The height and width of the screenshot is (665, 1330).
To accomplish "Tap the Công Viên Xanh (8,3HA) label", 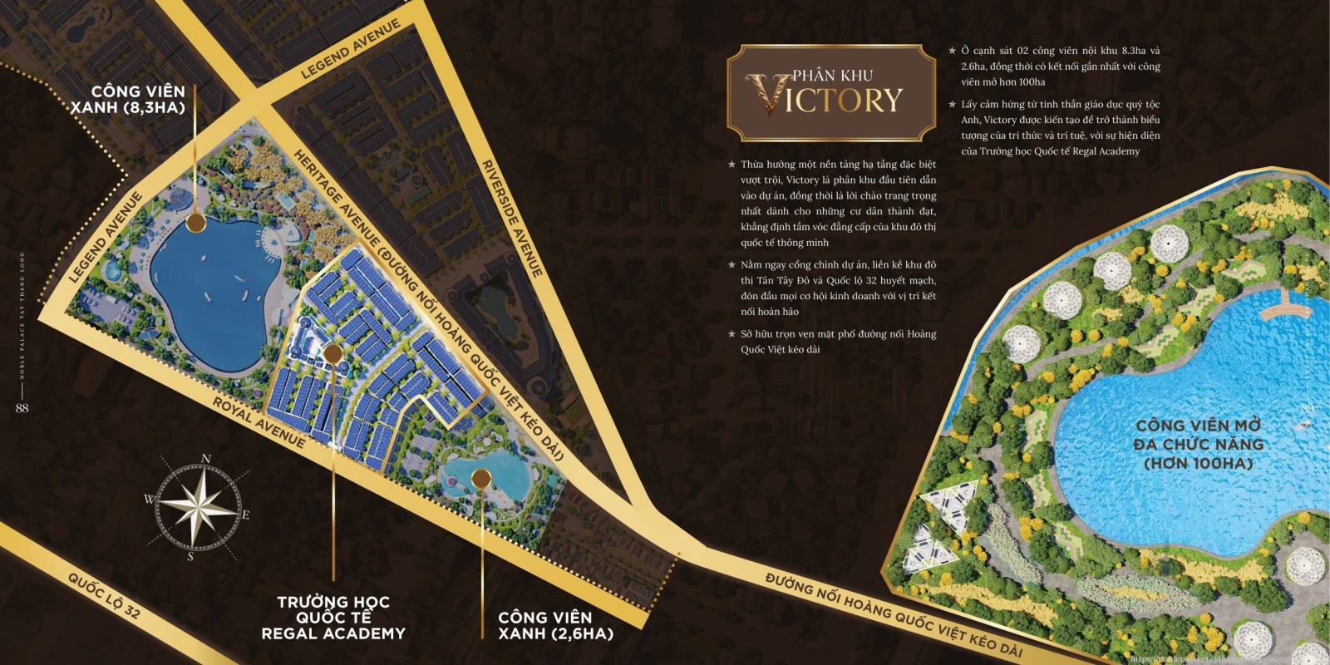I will point(129,100).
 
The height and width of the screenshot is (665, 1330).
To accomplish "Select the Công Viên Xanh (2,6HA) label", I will point(555,625).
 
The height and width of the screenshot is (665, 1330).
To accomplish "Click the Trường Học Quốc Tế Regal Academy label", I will point(333,618).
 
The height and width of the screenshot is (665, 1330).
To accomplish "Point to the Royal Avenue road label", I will point(259,421).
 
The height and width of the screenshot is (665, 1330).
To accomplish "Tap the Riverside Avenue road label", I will point(512,219).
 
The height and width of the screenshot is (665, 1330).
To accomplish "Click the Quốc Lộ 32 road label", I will point(104,596).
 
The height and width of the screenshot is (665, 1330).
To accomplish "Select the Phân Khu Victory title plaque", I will point(831,93).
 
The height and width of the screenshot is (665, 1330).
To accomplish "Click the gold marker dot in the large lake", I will point(195,222).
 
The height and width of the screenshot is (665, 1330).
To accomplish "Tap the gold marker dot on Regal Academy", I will point(332,354).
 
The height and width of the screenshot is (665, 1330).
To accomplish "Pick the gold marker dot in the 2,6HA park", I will point(481,478).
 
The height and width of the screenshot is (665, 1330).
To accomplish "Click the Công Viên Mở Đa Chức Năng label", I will point(1198,445).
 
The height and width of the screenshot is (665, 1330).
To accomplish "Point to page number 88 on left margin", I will point(22,408).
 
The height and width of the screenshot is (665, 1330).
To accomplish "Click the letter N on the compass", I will point(206,458).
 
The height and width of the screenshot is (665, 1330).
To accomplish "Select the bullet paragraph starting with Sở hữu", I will point(838,342).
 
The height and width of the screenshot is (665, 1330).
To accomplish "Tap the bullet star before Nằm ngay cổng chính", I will point(731,265).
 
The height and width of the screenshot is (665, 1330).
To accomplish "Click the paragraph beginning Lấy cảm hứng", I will point(1060,128).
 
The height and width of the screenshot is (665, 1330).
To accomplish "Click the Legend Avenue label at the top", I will point(350,49).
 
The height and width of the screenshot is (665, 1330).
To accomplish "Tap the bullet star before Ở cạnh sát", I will point(953,51).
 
